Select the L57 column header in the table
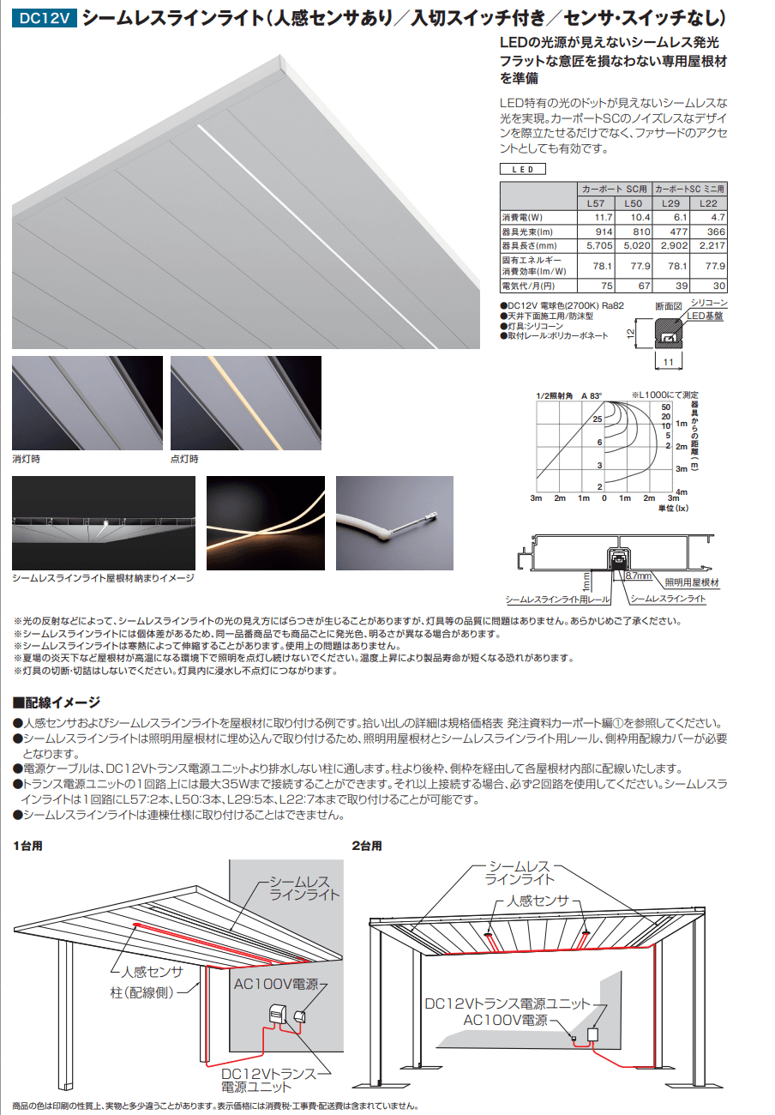point(595,202)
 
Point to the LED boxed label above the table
point(522,169)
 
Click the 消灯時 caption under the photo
point(26,459)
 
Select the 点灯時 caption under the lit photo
point(184,459)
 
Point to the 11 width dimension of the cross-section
point(668,363)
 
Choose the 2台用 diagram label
point(367,846)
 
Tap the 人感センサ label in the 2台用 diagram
point(538,901)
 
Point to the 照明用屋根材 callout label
point(691,582)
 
